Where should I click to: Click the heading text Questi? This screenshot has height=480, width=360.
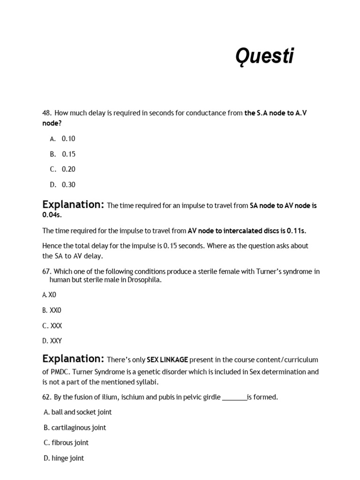point(264,57)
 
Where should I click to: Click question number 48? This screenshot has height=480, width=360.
point(46,113)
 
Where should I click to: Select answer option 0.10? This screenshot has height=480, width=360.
point(68,139)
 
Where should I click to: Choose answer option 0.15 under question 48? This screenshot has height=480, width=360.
point(68,154)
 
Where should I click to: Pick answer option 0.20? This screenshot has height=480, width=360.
point(68,169)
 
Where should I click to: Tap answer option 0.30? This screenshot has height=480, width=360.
point(68,185)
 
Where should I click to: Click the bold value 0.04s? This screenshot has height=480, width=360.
point(52,215)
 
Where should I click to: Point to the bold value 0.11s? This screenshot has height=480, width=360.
point(296,231)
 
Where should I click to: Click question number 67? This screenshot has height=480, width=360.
point(46,271)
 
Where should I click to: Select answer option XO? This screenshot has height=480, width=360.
point(52,295)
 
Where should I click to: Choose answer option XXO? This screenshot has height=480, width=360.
point(55,310)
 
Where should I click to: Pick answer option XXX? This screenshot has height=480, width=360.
point(56,326)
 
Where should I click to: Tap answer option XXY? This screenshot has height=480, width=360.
point(56,341)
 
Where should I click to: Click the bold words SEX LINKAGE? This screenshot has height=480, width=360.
point(167,360)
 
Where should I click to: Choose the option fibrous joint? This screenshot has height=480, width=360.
point(70,442)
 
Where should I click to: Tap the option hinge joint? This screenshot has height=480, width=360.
point(67,458)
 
